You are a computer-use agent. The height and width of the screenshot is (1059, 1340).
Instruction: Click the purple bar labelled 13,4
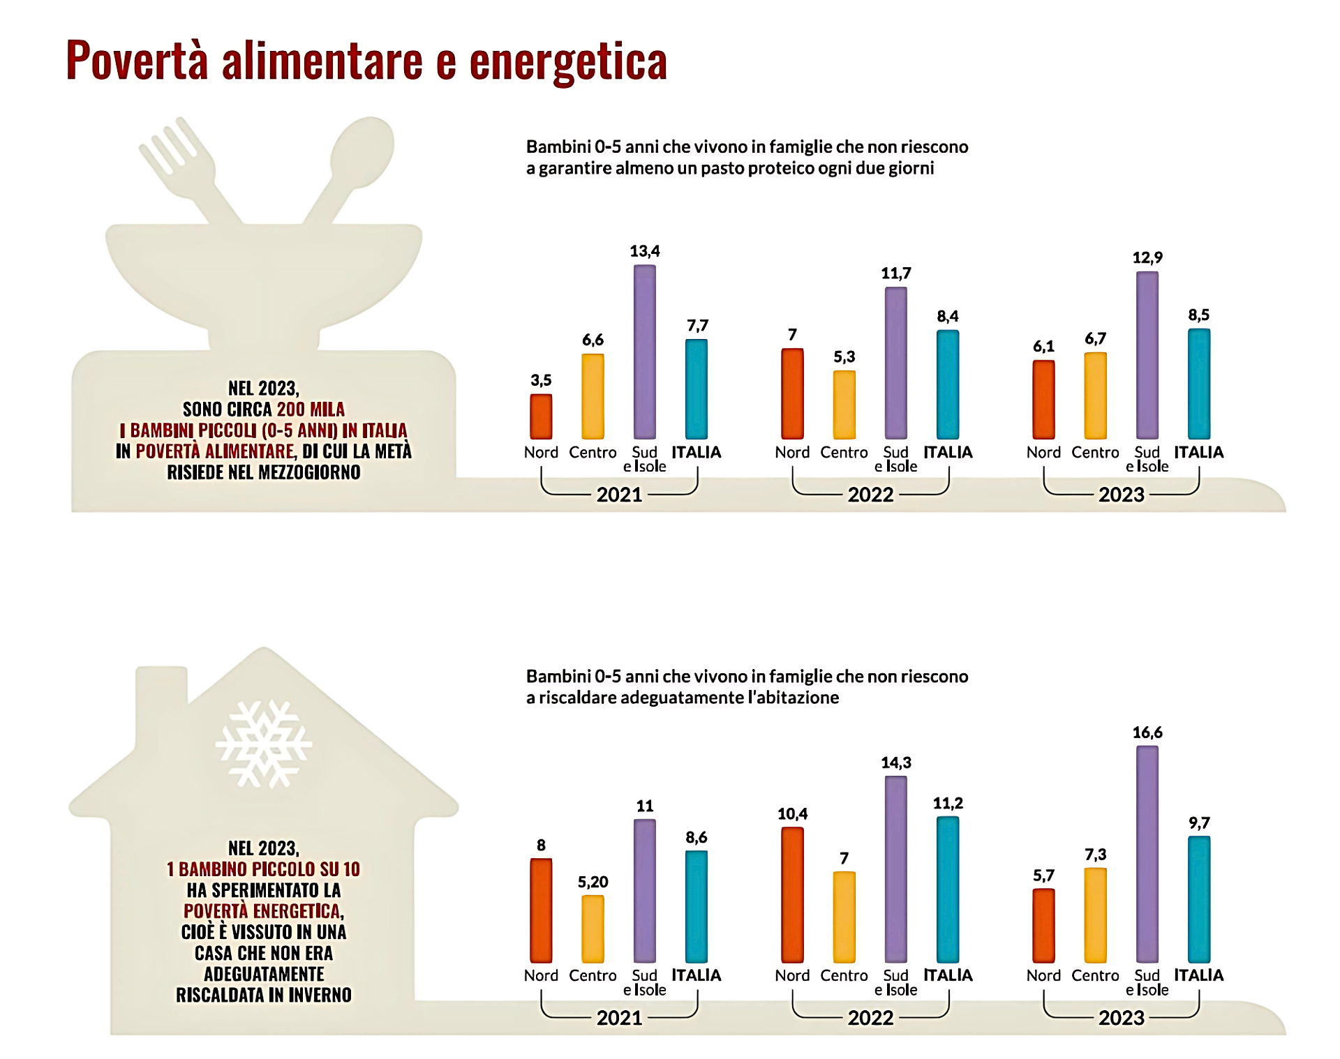pos(644,352)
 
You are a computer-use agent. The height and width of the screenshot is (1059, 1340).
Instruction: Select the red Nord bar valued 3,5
pos(541,416)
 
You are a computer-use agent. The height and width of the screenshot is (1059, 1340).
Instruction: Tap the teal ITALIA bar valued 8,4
pos(947,384)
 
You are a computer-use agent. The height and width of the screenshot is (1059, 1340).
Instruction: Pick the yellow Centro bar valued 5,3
pos(844,405)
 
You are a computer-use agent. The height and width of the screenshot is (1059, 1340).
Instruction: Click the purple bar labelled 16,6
pos(1147,854)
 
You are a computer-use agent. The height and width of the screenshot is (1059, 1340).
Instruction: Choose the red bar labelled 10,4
pos(792,894)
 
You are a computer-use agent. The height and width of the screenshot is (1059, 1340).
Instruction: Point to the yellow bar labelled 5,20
pos(593,929)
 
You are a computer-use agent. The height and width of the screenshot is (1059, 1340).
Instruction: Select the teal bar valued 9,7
pos(1198,899)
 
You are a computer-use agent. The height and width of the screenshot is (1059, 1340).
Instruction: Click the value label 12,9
pos(1147,257)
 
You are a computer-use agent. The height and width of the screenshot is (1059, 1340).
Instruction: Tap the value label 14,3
pos(895,763)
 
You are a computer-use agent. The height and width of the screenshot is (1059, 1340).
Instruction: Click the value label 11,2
pos(947,803)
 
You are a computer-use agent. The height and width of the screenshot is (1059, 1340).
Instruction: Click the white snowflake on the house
pos(263,744)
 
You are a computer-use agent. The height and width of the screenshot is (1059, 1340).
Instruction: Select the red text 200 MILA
pos(311,410)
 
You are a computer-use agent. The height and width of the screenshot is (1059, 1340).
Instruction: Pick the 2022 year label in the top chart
pos(870,495)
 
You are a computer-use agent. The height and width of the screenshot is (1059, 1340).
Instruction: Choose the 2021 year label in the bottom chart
pos(619,1018)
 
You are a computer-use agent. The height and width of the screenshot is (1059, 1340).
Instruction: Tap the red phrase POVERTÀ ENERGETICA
pos(262,911)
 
